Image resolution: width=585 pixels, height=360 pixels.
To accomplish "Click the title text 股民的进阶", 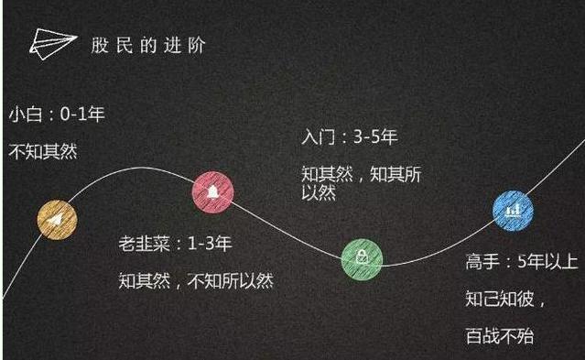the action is click(155, 44).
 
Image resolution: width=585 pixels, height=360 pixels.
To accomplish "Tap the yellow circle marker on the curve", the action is click(57, 219).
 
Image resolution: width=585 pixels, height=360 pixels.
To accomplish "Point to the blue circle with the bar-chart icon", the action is click(513, 211).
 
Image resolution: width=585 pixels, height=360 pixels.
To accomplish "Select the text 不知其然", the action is click(43, 151).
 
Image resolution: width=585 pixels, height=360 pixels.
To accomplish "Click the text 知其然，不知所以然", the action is click(196, 280).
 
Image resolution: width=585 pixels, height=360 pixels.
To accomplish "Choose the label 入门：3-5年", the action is click(351, 137).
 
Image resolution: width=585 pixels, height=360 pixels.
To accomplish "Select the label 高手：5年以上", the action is click(518, 262).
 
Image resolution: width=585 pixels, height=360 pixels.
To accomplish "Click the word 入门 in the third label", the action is click(317, 137).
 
